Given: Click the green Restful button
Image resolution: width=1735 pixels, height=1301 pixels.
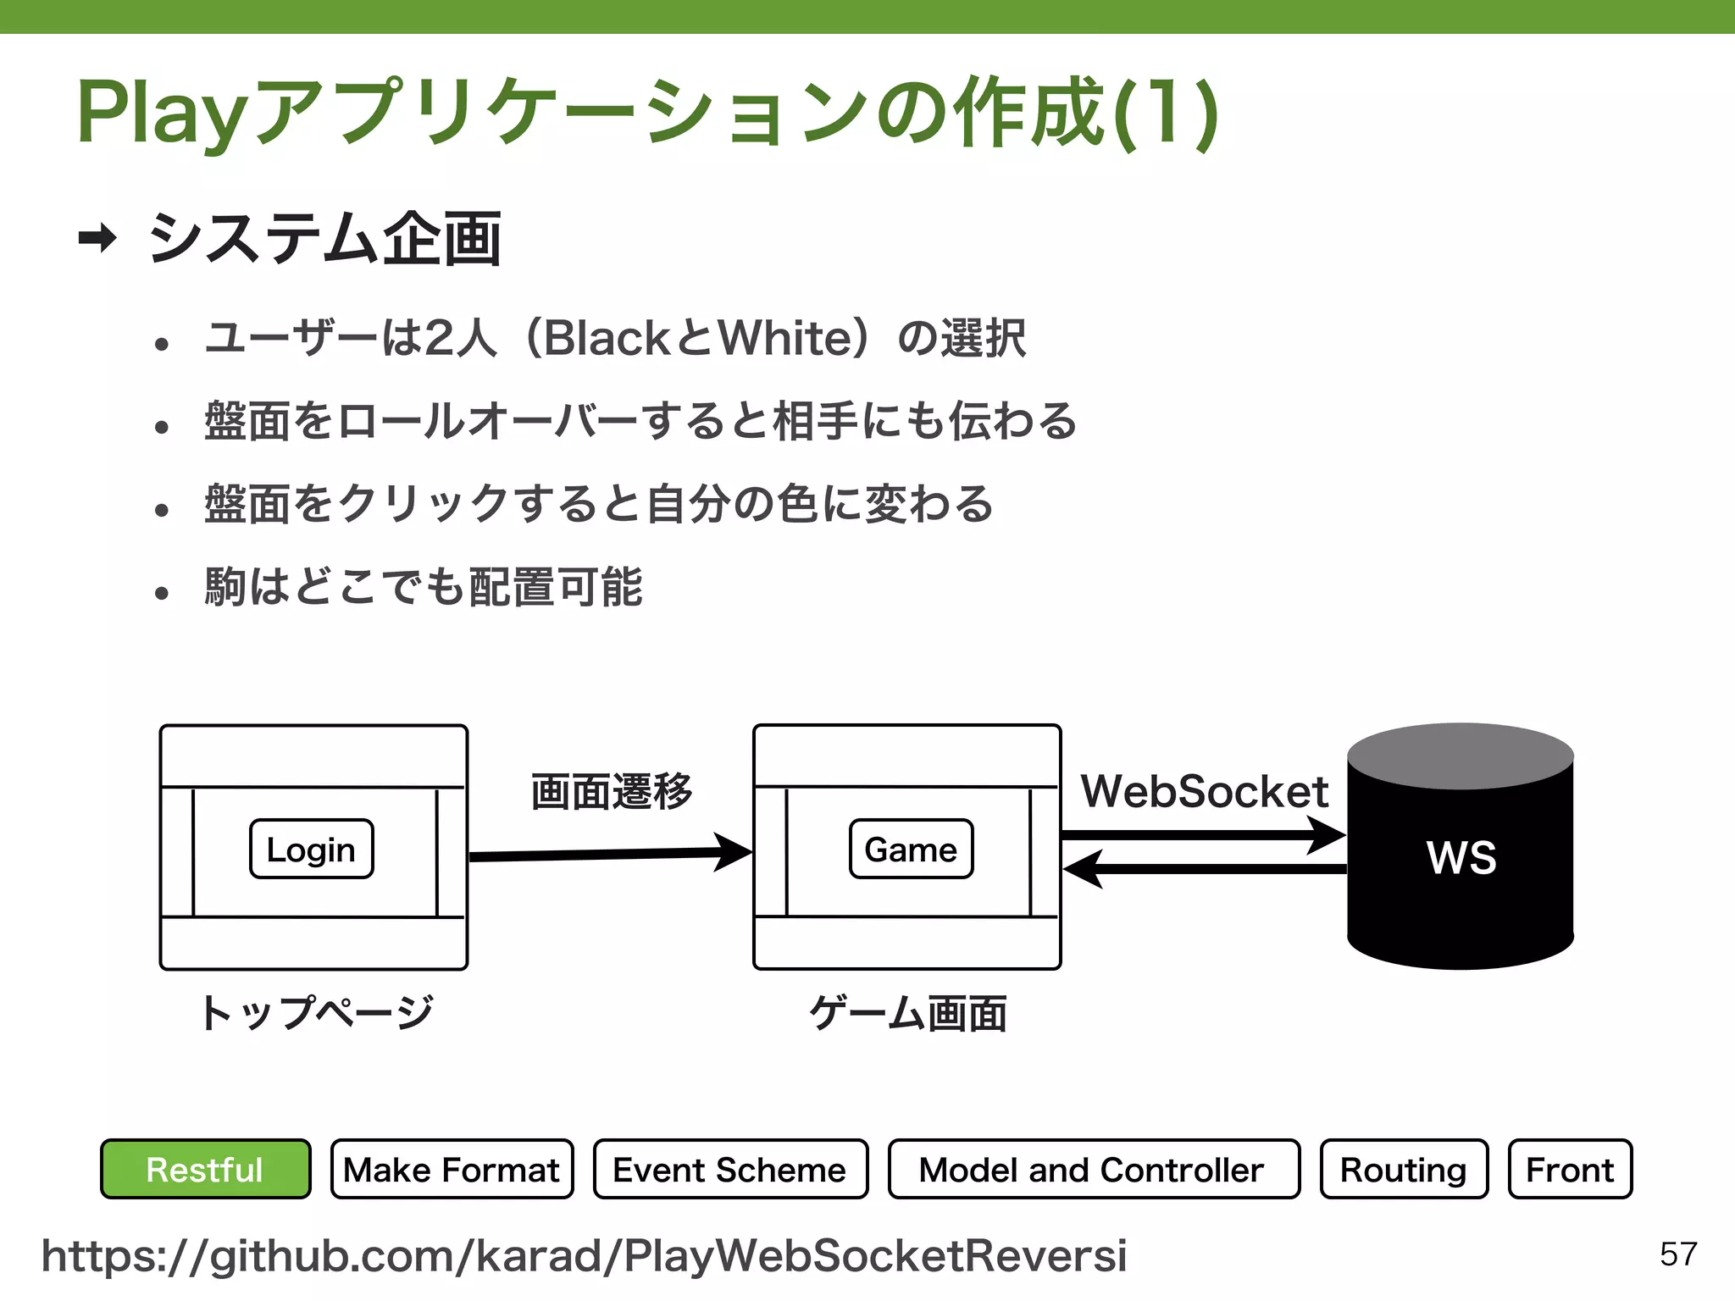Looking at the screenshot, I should pos(205,1170).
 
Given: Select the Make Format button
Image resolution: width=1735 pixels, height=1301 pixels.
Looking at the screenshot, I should pos(452,1170).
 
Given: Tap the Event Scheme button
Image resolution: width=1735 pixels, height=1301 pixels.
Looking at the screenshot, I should pos(730,1170).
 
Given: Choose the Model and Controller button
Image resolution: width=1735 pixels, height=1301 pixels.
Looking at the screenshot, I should pos(1093,1170).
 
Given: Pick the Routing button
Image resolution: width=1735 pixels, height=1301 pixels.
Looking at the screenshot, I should pos(1403,1170).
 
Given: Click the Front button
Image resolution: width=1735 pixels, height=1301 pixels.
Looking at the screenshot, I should pos(1570,1170).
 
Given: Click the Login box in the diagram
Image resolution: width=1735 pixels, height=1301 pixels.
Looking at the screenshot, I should pos(311,849).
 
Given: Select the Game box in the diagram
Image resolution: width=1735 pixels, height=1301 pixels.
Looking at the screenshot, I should pos(911,849).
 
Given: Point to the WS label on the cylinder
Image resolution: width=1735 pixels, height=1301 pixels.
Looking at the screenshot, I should pos(1461,858).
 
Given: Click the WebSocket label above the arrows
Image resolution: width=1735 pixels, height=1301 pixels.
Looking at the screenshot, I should pos(1204,791).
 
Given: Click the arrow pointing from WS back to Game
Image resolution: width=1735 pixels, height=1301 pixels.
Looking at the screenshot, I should pos(1203,869).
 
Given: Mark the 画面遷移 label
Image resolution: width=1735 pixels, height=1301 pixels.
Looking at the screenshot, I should pos(611,792).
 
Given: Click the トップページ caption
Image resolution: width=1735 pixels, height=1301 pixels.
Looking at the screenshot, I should pos(315,1012).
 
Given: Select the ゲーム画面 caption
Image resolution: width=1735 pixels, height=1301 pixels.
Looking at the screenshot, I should pos(907,1013).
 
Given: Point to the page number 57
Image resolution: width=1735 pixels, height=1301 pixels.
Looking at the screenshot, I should pos(1677,1254).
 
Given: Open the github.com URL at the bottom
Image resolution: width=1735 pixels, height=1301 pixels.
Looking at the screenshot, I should pos(584,1255).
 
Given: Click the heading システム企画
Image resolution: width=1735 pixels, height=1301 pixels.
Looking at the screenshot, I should pos(325,240).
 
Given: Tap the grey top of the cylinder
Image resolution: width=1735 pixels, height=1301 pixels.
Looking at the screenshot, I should pos(1460,755).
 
